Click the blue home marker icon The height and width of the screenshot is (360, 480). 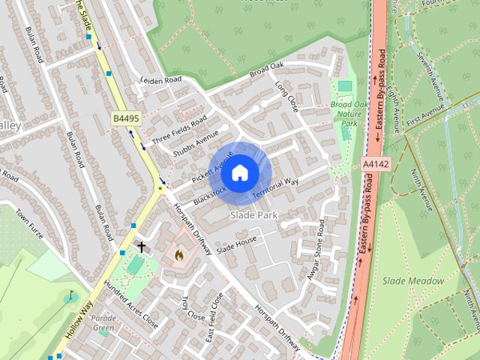[239, 173]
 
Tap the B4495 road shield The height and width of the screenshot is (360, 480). [127, 118]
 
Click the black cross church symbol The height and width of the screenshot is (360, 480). [141, 246]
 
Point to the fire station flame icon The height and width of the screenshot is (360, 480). [178, 255]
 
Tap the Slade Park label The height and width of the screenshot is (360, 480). [253, 215]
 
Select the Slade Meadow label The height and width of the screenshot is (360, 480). [413, 280]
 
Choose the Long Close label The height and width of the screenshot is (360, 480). [286, 97]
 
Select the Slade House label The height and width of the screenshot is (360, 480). [236, 244]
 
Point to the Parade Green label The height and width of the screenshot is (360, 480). [103, 322]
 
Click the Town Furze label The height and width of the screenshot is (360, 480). [31, 228]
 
